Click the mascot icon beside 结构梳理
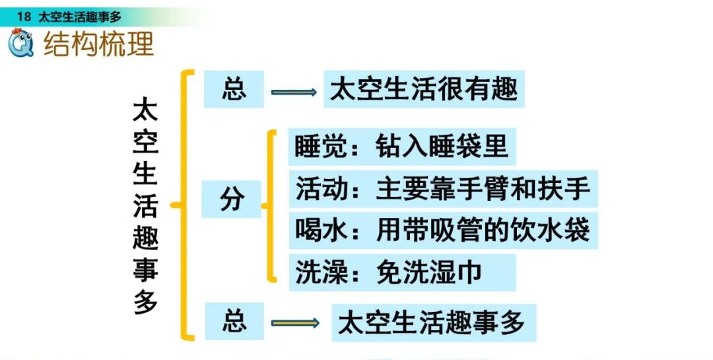pyautogui.click(x=22, y=44)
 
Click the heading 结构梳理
pyautogui.click(x=98, y=44)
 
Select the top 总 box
pyautogui.click(x=233, y=89)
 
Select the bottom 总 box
pyautogui.click(x=233, y=322)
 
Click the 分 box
pyautogui.click(x=232, y=199)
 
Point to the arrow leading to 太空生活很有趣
pyautogui.click(x=294, y=92)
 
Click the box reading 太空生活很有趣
pyautogui.click(x=423, y=89)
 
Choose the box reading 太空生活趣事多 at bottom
pyautogui.click(x=432, y=322)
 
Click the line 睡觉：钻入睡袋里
pyautogui.click(x=402, y=147)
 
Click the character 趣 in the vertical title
pyautogui.click(x=145, y=238)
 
